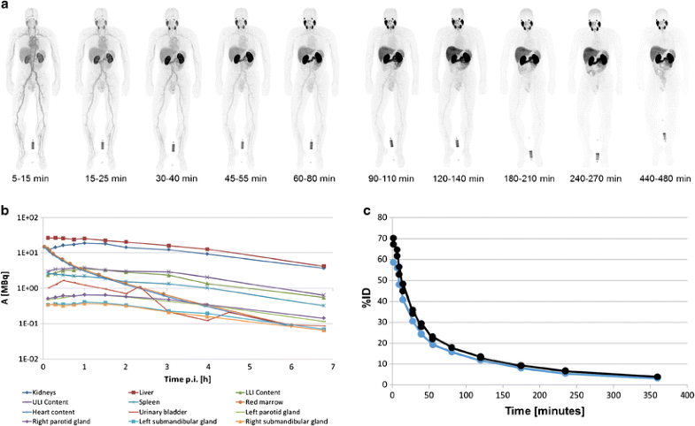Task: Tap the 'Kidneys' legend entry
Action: click(47, 390)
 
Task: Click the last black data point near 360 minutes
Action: click(657, 377)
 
